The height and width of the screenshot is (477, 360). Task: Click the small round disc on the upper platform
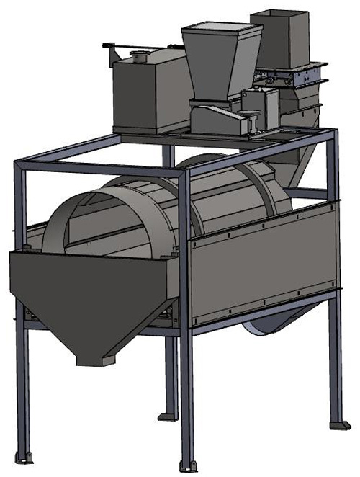pyautogui.click(x=253, y=115)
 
